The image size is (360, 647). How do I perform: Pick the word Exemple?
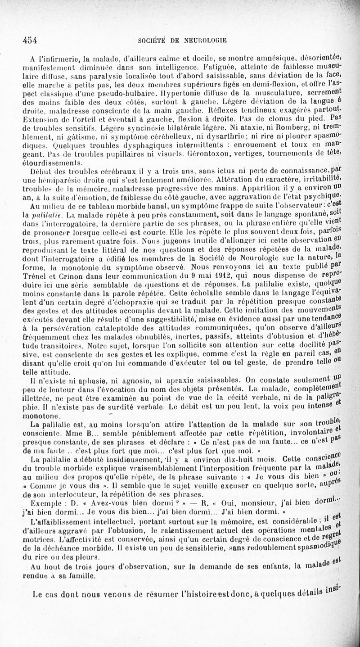(x=44, y=503)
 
